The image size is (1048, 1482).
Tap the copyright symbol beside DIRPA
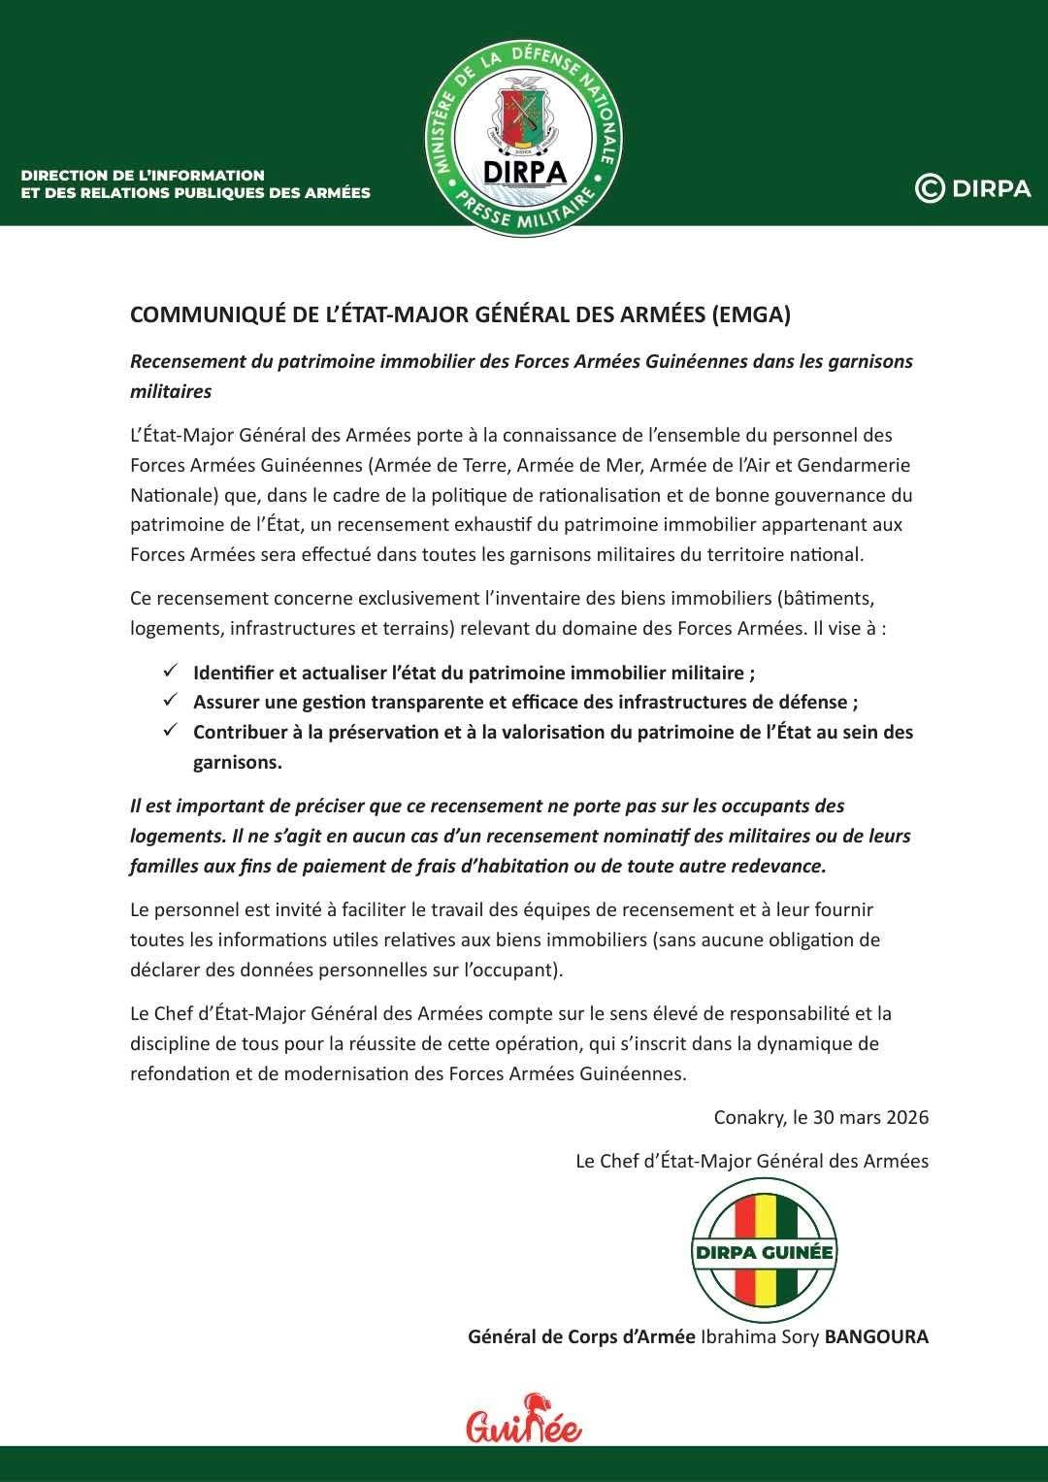point(930,188)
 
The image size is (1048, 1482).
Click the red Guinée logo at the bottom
point(524,1420)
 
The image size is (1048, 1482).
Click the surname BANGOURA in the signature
point(875,1336)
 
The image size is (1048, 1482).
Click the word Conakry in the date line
point(748,1117)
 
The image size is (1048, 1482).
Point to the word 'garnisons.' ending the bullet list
point(237,762)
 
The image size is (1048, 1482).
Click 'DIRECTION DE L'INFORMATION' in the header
point(143,176)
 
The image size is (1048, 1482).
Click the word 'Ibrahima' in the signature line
point(736,1336)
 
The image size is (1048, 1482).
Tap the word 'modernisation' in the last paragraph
point(334,1074)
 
